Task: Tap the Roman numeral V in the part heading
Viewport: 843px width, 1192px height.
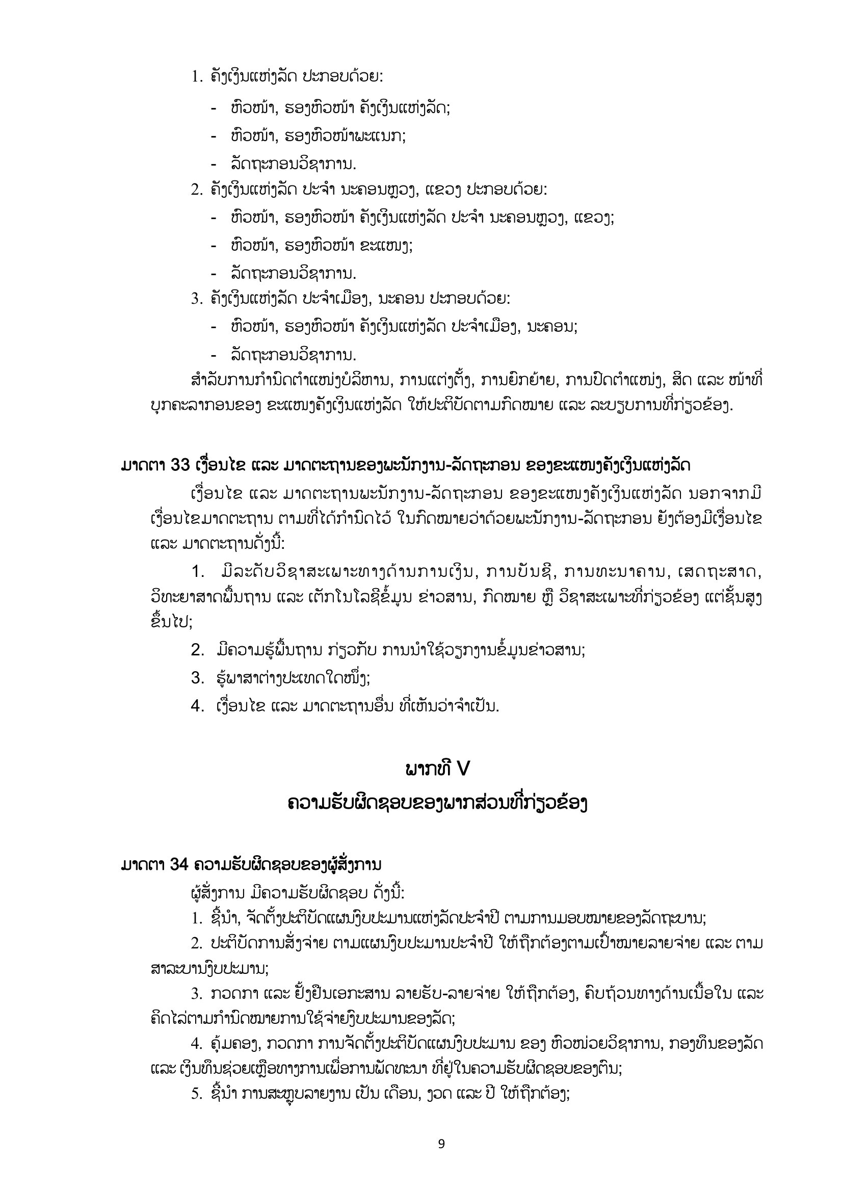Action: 462,769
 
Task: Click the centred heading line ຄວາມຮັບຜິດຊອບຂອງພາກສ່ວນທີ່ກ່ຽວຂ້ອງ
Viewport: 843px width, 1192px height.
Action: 438,804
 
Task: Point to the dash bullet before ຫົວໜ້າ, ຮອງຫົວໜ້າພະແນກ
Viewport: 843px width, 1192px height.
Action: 214,137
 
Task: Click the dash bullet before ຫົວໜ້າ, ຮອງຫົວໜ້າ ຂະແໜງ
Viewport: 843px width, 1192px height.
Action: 214,245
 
